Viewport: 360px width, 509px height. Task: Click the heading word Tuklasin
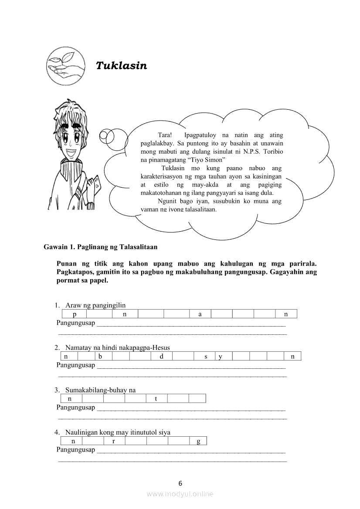[x=121, y=66]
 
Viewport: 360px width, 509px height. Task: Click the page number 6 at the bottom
[x=180, y=483]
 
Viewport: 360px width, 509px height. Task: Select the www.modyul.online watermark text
[x=180, y=494]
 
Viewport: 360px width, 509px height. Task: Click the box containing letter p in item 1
[x=74, y=314]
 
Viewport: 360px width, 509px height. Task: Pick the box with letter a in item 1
[x=200, y=314]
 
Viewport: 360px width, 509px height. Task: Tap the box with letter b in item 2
[x=100, y=357]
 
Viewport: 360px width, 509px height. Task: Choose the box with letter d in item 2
[x=161, y=357]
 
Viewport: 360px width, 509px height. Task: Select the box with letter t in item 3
[x=156, y=398]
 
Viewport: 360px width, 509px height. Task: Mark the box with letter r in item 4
[x=113, y=441]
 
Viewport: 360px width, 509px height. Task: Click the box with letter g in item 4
[x=198, y=441]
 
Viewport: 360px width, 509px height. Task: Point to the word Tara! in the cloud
[x=165, y=135]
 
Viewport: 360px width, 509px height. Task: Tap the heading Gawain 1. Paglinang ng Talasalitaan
[x=101, y=247]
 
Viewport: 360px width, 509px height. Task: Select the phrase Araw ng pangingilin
[x=95, y=305]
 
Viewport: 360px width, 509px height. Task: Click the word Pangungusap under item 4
[x=76, y=449]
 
